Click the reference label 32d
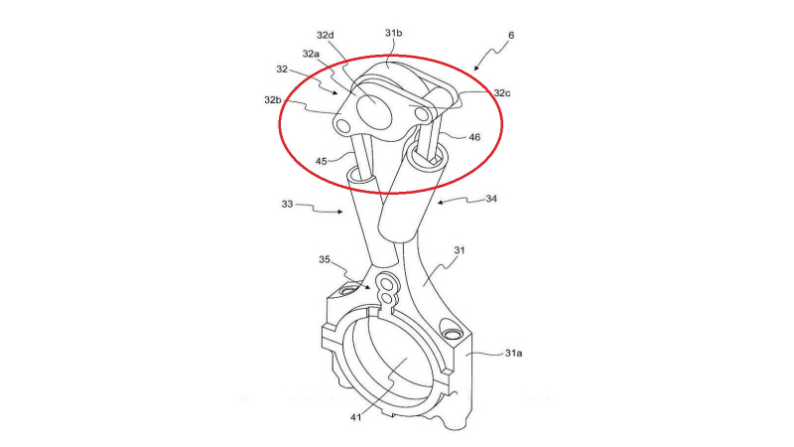(x=326, y=35)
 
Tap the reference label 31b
(x=393, y=33)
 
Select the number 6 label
(x=511, y=35)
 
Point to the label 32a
(x=311, y=54)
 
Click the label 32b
(x=273, y=100)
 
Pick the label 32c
(x=502, y=92)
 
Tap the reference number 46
(x=474, y=137)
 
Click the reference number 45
(x=321, y=161)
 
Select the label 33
(x=287, y=204)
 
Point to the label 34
(x=491, y=199)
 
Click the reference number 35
(x=325, y=259)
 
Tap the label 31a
(x=513, y=353)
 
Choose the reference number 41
(x=356, y=417)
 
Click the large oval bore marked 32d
(x=375, y=108)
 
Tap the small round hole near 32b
(x=343, y=125)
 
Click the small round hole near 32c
(x=421, y=114)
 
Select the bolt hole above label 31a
(x=453, y=335)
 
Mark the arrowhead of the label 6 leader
(x=476, y=69)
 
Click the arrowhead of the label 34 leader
(x=440, y=203)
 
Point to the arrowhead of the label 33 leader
(x=340, y=212)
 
